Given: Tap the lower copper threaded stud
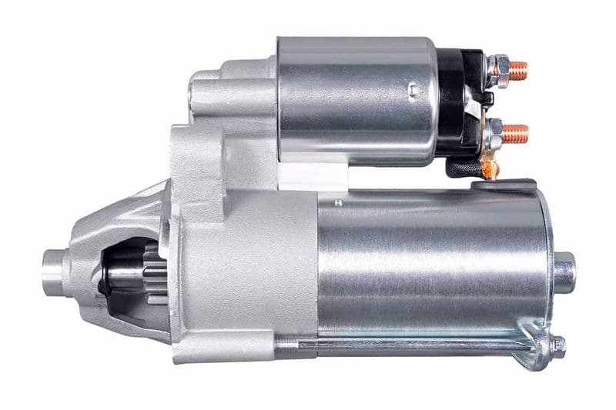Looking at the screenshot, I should coord(517,133).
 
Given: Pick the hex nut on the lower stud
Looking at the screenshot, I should coord(496,132).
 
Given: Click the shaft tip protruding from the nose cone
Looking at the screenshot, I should coord(54,266).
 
